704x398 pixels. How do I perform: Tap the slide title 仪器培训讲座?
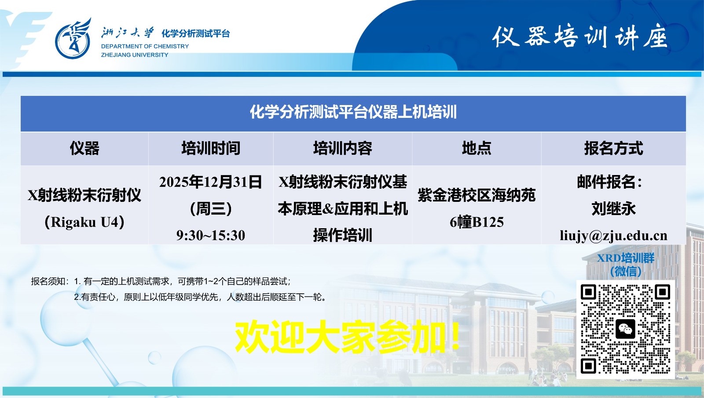tap(579, 37)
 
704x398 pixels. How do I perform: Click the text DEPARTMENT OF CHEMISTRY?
tap(145, 46)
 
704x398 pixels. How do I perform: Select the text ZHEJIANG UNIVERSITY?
tap(135, 55)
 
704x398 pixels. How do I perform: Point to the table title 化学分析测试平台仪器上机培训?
tap(353, 112)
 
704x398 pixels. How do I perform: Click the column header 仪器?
tap(84, 149)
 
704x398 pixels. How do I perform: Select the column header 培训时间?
tap(211, 149)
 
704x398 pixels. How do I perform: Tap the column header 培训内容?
tap(342, 149)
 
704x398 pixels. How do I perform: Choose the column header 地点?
tap(476, 149)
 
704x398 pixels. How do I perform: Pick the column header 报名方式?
tap(613, 149)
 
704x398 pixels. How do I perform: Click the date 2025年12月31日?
tap(211, 182)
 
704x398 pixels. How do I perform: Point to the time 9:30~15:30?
tap(211, 235)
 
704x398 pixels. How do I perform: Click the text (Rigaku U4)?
tap(84, 222)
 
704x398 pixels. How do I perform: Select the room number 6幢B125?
tap(477, 222)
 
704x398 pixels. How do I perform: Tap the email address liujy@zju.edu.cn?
tap(613, 236)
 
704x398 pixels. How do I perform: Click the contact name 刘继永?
tap(613, 208)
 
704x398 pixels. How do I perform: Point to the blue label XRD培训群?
tap(625, 258)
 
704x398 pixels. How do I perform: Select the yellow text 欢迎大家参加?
tap(348, 337)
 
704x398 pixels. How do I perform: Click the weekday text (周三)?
tap(211, 208)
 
